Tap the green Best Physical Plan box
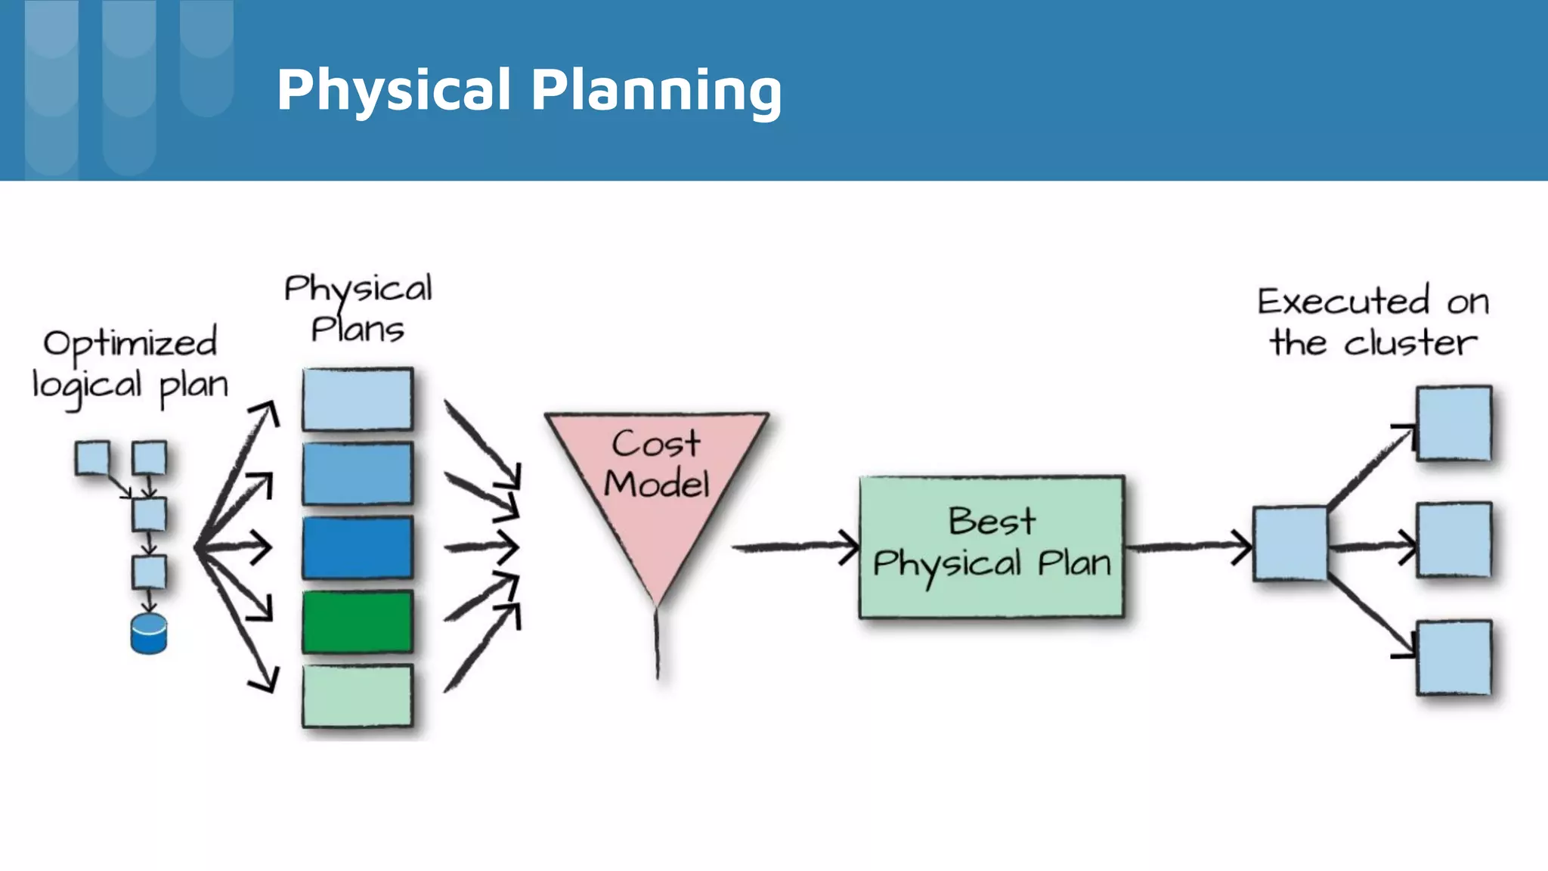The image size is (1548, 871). pyautogui.click(x=991, y=547)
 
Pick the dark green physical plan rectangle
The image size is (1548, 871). pyautogui.click(x=358, y=621)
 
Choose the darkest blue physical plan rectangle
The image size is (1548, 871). pyautogui.click(x=358, y=547)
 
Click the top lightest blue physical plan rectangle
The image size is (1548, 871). pyautogui.click(x=358, y=398)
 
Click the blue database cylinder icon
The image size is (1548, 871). pyautogui.click(x=149, y=634)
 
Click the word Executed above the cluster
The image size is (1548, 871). pyautogui.click(x=1343, y=302)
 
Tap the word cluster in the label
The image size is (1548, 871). pyautogui.click(x=1410, y=343)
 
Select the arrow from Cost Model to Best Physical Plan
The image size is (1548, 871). pyautogui.click(x=794, y=546)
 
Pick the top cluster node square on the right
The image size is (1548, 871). pyautogui.click(x=1454, y=423)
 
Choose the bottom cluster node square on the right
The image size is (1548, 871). pyautogui.click(x=1454, y=657)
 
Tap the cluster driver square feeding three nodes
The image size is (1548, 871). pyautogui.click(x=1290, y=544)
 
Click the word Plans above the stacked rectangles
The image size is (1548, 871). pyautogui.click(x=358, y=330)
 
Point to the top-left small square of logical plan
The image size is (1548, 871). pyautogui.click(x=92, y=458)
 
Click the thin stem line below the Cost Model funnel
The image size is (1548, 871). pyautogui.click(x=657, y=643)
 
